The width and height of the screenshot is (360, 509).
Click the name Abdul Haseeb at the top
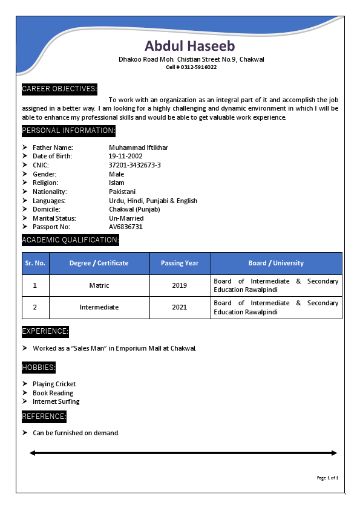190,46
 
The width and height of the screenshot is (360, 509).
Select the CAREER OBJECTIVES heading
59,89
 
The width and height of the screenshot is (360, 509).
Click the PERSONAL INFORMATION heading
68,131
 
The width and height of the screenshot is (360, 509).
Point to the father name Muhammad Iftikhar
139,148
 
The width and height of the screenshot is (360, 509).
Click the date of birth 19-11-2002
126,156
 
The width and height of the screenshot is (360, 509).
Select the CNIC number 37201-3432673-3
135,165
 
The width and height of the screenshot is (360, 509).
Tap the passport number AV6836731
126,227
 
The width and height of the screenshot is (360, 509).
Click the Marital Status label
54,218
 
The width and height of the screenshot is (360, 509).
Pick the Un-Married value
126,218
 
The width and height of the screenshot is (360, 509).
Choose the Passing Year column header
180,263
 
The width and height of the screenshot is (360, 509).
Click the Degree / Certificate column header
99,263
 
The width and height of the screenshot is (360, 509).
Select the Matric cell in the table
99,285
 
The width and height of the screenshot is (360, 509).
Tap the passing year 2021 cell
180,307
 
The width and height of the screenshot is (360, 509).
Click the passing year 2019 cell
180,285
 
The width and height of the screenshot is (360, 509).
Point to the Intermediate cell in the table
99,307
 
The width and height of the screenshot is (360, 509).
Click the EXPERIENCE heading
45,331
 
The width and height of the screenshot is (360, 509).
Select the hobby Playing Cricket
54,384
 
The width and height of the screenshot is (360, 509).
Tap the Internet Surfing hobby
56,401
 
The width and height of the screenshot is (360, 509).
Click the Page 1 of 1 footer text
327,478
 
